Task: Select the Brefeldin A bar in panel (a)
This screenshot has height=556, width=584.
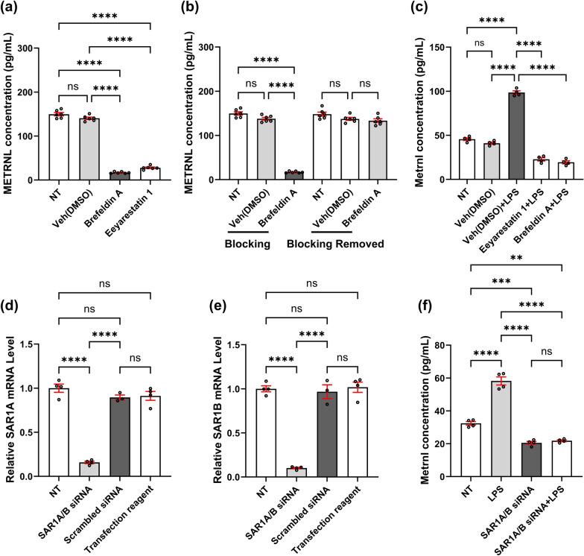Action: pyautogui.click(x=120, y=176)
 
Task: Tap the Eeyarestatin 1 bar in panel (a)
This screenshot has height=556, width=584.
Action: pyautogui.click(x=150, y=174)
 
